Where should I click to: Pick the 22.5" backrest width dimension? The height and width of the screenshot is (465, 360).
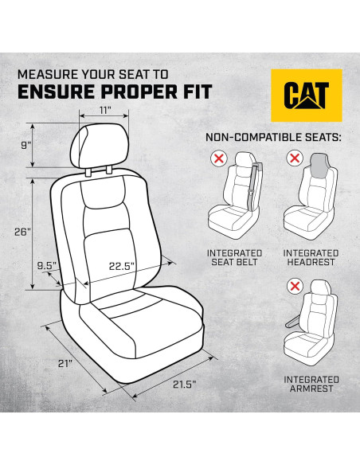[122, 266]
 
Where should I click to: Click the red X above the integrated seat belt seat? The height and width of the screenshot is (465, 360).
[216, 160]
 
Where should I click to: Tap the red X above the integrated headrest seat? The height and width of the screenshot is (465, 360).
[292, 160]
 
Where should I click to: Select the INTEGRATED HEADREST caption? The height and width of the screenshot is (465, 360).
[311, 257]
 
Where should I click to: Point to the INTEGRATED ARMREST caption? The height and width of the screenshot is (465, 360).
[311, 384]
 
